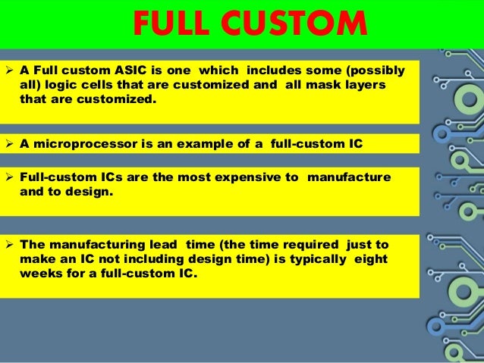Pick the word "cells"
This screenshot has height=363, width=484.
click(x=100, y=86)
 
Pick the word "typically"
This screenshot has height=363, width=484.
click(x=319, y=259)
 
